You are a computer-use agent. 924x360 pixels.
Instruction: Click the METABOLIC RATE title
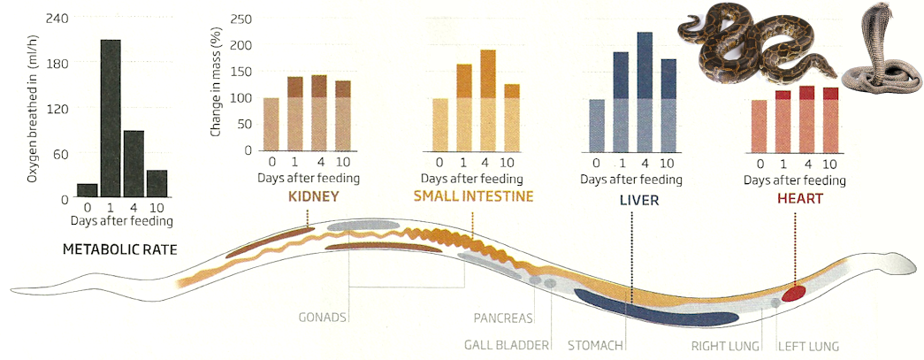[x=120, y=250]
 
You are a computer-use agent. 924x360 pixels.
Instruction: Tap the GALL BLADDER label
[x=508, y=346]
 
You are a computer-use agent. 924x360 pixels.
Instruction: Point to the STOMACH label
[x=596, y=346]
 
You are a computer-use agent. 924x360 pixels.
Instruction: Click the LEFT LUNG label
[x=807, y=346]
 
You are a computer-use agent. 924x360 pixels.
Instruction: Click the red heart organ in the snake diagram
[x=793, y=293]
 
